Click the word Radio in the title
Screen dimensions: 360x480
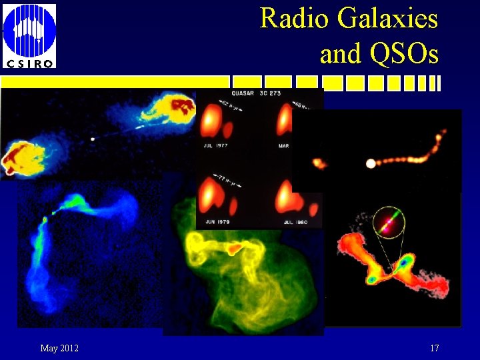294,18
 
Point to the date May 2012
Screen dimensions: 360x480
59,348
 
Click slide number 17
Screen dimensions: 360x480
435,348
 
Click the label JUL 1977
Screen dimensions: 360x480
215,144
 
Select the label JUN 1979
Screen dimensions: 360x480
215,221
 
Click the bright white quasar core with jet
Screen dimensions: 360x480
371,163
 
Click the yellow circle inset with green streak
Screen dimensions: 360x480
389,222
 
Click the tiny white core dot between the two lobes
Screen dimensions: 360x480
93,139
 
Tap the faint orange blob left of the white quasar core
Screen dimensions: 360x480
319,163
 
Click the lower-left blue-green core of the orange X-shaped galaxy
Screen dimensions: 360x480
372,279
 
